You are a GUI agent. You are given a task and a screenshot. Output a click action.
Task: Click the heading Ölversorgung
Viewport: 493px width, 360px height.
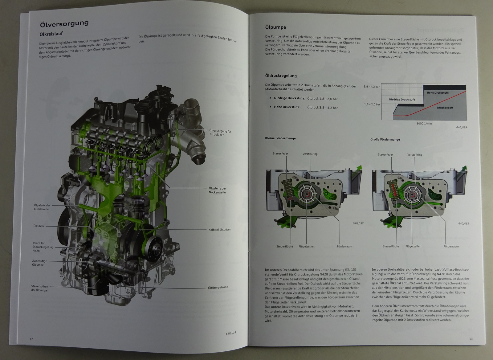[x=64, y=23]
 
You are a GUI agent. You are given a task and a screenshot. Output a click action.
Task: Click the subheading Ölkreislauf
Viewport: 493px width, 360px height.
[x=51, y=34]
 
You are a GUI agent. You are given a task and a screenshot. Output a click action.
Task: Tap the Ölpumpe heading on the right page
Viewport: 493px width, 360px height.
[x=275, y=27]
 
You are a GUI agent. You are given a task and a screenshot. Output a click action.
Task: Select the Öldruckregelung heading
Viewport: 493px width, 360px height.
[x=281, y=76]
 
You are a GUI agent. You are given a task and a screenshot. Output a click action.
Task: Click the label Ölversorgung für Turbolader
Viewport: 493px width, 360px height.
[x=220, y=133]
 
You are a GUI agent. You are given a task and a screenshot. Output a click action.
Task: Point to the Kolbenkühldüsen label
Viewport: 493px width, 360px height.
[x=220, y=230]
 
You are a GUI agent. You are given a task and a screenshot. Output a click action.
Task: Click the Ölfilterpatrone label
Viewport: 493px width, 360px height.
[x=218, y=287]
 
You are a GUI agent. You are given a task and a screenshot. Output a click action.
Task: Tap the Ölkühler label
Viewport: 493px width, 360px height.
[x=39, y=226]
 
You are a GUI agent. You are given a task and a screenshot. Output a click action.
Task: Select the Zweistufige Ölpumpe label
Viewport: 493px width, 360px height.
[x=39, y=263]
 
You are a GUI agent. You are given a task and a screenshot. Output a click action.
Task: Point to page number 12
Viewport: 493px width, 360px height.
[x=31, y=339]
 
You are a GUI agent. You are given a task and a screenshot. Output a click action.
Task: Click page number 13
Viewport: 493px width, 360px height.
[x=471, y=339]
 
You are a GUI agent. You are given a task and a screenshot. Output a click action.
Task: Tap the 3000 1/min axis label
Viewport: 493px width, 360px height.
[x=424, y=123]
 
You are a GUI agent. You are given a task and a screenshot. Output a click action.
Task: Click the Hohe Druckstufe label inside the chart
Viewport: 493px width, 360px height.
[x=438, y=93]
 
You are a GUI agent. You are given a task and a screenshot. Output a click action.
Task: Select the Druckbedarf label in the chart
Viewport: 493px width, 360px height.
[x=445, y=108]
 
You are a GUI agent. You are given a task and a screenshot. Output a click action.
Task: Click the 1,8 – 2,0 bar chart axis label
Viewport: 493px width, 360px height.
[x=372, y=104]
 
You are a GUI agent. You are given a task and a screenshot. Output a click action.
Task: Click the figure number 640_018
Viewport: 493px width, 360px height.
[x=231, y=333]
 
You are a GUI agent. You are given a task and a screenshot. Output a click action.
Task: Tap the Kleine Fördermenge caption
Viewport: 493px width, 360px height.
[x=280, y=138]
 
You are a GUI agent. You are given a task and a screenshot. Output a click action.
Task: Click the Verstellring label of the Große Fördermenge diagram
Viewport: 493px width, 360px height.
[x=414, y=155]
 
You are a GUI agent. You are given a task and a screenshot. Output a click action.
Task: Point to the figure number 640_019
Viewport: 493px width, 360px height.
[x=462, y=127]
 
